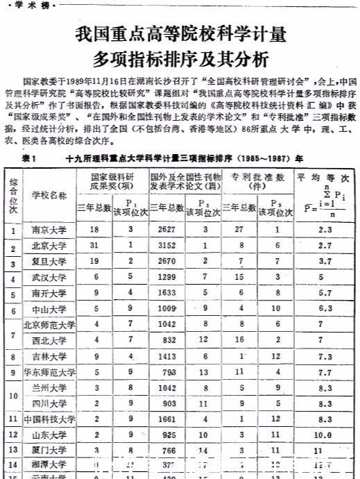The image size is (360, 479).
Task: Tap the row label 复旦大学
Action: pos(49,261)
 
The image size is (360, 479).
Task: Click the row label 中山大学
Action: pos(49,309)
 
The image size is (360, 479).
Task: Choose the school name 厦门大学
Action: pos(49,452)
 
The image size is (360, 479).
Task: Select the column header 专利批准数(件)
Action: pos(257,181)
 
